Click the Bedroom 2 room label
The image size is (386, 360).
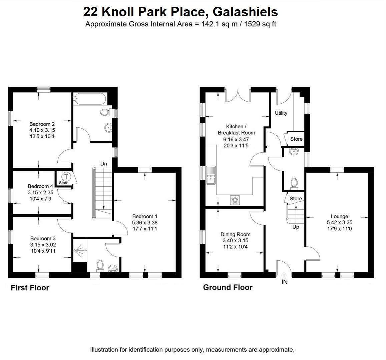[40, 124]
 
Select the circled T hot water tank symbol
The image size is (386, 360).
[66, 176]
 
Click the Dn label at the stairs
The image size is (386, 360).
[104, 164]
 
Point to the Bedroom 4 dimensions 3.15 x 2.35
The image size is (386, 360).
[40, 192]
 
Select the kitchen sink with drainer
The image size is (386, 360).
[211, 175]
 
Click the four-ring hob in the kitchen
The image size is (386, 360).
[235, 200]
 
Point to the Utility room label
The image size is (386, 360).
[281, 113]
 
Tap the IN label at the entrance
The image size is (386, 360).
[284, 282]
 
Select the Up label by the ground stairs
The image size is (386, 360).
[296, 227]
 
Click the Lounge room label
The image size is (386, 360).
[339, 216]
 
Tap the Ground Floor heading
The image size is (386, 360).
[228, 287]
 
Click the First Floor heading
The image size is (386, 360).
[30, 288]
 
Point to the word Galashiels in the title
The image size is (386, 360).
[245, 12]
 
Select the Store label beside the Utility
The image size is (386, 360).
[296, 139]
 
